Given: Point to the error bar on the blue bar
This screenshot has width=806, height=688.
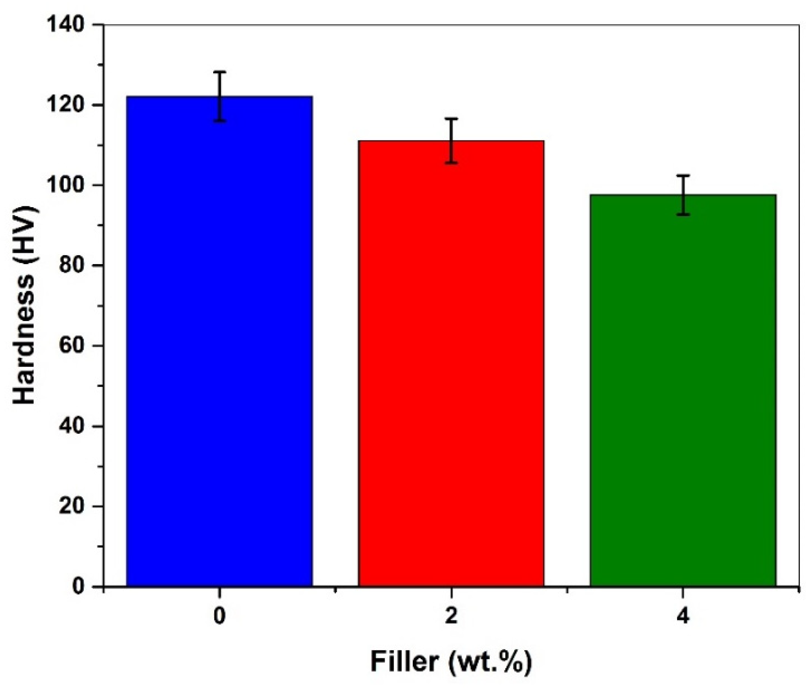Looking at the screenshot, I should (x=220, y=96).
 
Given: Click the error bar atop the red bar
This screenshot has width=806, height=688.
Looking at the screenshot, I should (x=451, y=140).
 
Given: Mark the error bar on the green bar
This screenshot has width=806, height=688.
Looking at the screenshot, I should (x=683, y=195).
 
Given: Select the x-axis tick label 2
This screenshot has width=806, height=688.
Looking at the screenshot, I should (x=451, y=616).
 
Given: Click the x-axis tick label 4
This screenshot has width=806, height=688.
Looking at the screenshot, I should (x=682, y=616).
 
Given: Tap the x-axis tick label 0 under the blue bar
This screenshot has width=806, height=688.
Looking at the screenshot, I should (x=219, y=616).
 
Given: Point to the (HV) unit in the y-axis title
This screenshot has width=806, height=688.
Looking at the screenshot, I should (x=25, y=232).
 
